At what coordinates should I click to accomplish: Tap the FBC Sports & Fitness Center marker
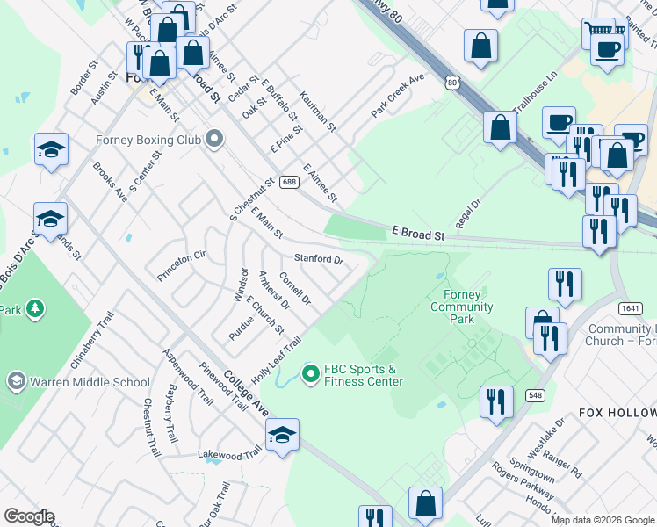309,374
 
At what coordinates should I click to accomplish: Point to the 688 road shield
289,182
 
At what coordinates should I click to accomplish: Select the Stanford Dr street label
318,259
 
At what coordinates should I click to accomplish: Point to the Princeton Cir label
181,265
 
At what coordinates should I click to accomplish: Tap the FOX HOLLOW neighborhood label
617,413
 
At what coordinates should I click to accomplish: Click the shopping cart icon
598,31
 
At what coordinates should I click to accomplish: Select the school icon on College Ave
282,435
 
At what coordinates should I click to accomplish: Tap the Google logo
29,516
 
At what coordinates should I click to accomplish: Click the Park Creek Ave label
397,95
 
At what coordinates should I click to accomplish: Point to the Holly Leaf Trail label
277,359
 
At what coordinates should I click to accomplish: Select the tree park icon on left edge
35,309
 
